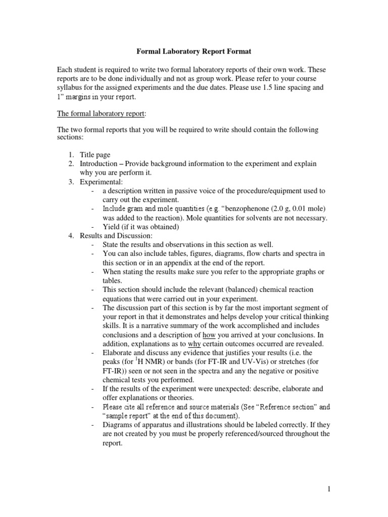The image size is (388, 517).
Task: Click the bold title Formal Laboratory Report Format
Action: click(194, 51)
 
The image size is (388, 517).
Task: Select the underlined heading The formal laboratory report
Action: click(101, 114)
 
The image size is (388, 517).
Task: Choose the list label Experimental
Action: click(101, 182)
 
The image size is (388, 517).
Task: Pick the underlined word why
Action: click(202, 344)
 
